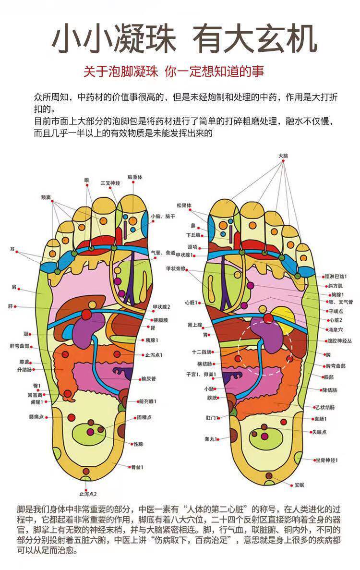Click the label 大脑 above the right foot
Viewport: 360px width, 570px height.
tap(283, 156)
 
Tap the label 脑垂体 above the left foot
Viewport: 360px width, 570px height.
tap(135, 177)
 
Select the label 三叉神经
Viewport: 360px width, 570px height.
tap(110, 183)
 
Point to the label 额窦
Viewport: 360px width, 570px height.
tap(46, 197)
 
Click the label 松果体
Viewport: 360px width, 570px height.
tap(183, 205)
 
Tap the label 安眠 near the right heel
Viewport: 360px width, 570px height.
tap(299, 484)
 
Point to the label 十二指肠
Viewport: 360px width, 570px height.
tap(199, 352)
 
